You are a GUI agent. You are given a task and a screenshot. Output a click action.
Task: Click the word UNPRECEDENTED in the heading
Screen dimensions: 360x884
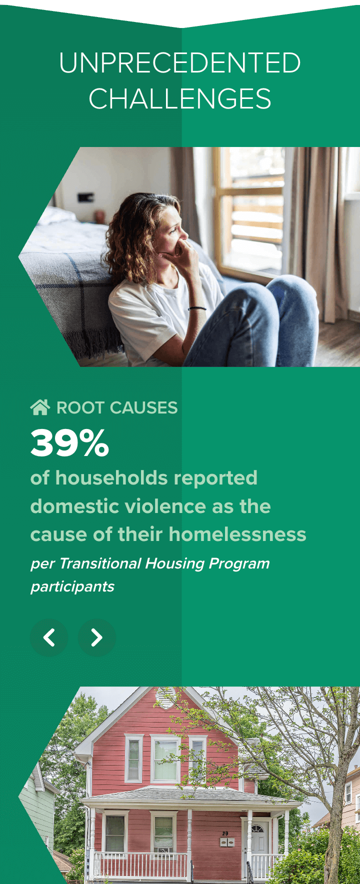(x=180, y=63)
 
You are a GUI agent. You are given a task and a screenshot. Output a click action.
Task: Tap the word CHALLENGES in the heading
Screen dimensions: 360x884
(x=180, y=99)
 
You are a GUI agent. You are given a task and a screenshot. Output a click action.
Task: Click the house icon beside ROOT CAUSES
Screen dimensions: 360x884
(x=40, y=407)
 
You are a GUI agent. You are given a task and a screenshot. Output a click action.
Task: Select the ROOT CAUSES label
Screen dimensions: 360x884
(x=117, y=407)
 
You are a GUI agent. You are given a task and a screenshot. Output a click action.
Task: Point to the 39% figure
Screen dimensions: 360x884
(x=69, y=443)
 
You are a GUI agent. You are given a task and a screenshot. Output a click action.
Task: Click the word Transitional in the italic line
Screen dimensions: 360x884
(x=100, y=563)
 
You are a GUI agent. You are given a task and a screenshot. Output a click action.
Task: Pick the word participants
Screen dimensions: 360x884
(x=72, y=586)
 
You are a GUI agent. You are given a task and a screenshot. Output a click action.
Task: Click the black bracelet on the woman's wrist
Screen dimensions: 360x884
(x=197, y=308)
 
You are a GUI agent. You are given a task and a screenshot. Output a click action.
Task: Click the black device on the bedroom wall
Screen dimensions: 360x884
(x=85, y=197)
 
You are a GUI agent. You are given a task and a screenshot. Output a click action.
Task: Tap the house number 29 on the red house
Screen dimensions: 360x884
(x=225, y=833)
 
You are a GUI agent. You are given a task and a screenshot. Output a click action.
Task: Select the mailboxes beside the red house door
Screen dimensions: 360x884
(x=227, y=842)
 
